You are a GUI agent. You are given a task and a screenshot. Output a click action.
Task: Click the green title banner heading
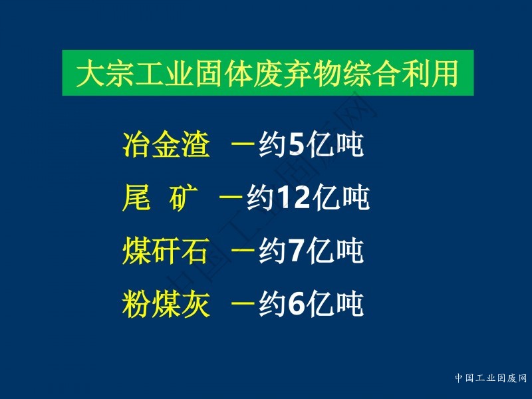(268, 73)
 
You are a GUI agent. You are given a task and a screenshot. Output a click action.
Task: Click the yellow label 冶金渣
(166, 144)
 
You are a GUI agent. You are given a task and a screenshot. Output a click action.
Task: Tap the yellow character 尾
(136, 198)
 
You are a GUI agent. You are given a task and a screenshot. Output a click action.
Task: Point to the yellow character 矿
(184, 198)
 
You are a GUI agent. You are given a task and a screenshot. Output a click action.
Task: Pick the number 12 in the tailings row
(293, 198)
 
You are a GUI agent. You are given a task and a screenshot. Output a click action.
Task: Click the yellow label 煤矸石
(166, 251)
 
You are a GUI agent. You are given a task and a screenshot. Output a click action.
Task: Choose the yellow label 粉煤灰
(166, 303)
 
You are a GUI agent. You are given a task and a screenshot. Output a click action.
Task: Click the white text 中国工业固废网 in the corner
(491, 378)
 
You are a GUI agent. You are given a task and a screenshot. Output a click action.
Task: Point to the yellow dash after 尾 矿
(231, 197)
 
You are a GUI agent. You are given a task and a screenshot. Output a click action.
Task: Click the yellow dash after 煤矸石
(243, 250)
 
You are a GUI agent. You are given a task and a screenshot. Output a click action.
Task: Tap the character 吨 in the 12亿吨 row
(355, 198)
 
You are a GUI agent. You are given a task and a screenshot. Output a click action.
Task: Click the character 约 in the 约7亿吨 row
(272, 251)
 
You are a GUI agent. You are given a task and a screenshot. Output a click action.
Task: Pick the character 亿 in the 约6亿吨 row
(319, 304)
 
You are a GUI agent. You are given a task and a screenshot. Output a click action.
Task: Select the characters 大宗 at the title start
(105, 73)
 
